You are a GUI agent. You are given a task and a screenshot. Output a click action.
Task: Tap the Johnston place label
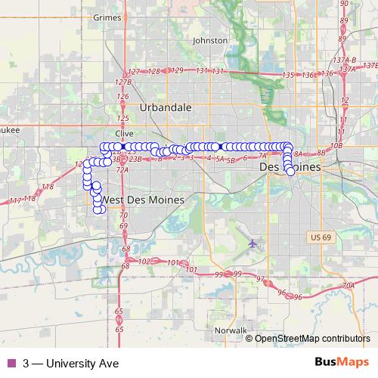[x=210, y=40]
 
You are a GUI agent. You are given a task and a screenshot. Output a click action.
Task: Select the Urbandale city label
[x=165, y=107]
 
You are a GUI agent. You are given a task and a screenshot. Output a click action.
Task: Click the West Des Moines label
[x=141, y=199]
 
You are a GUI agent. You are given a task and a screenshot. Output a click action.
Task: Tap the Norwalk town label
[x=231, y=331]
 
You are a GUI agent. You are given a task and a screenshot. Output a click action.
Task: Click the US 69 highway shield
[x=320, y=238]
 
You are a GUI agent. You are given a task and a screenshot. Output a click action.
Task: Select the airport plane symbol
[x=253, y=243]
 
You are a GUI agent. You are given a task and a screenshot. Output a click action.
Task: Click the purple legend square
[x=10, y=363]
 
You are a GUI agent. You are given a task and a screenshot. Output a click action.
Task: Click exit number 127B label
[x=123, y=81]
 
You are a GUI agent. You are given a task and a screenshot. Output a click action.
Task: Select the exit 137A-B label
[x=344, y=59]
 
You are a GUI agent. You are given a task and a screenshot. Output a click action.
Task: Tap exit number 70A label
[x=348, y=286]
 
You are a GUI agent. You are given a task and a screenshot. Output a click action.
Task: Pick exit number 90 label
[x=344, y=4]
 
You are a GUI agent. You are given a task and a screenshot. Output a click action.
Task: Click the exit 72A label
[x=122, y=170]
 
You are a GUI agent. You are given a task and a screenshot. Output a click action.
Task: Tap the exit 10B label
[x=336, y=144]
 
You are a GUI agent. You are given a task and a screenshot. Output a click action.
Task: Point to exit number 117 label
[x=16, y=200]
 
